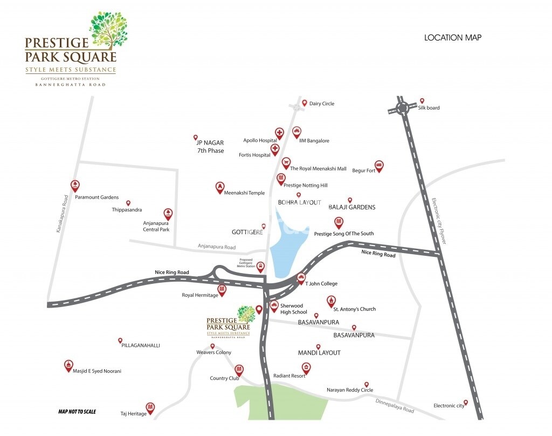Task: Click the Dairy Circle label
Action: (x=322, y=104)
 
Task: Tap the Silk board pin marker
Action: (x=422, y=100)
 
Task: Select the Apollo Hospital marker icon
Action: (x=279, y=133)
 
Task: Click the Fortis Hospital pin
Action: (x=275, y=148)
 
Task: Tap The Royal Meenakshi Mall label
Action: (x=318, y=168)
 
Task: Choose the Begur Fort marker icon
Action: (x=379, y=166)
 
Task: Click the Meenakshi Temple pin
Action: (x=219, y=187)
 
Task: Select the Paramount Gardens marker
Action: (x=75, y=185)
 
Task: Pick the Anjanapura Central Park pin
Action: (x=168, y=214)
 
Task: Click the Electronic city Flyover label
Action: (x=439, y=221)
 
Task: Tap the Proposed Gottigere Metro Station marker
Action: (x=261, y=267)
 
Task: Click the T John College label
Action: (x=321, y=283)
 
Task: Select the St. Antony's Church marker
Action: (x=331, y=301)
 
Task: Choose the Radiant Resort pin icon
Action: (x=306, y=368)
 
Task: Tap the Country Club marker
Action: (x=239, y=370)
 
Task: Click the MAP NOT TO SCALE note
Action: (x=77, y=412)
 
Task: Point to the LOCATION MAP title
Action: (x=453, y=38)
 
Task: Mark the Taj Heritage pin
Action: (x=150, y=407)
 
